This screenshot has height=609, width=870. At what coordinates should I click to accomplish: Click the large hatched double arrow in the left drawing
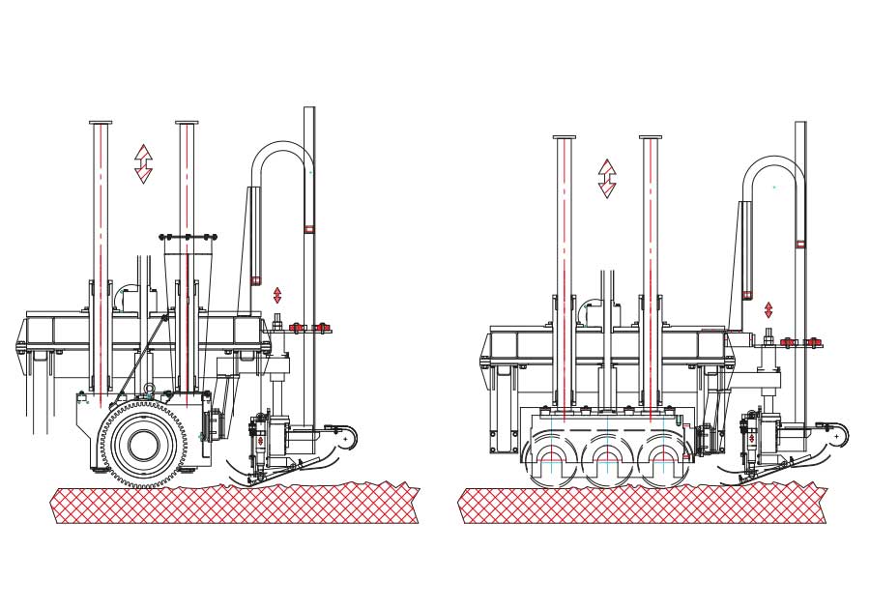pos(143,163)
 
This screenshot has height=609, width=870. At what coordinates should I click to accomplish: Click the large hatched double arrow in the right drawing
pos(607,179)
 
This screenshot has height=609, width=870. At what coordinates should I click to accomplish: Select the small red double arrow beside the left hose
pos(277,295)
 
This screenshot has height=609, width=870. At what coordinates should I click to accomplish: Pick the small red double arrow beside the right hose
pos(768,310)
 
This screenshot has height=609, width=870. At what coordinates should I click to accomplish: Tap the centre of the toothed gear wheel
pos(144,446)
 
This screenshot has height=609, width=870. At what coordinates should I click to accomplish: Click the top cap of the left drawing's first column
pos(101,123)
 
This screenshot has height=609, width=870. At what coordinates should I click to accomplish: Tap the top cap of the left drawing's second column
pos(187,123)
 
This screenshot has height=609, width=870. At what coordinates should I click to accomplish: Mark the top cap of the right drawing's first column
pos(565,137)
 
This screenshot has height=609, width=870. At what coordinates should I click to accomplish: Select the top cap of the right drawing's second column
pos(651,137)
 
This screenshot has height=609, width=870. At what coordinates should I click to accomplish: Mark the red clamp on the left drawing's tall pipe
pos(309,229)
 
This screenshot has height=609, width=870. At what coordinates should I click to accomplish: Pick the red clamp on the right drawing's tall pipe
pos(800,244)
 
